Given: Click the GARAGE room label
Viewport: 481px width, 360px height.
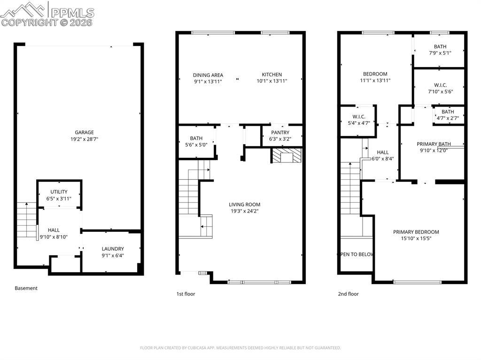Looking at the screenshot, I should click(x=84, y=132).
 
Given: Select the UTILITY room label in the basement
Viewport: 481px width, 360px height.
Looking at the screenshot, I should click(x=59, y=191).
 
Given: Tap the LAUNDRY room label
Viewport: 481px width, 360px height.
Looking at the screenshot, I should click(x=113, y=249).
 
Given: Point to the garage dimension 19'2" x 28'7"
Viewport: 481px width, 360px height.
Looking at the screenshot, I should click(x=84, y=139).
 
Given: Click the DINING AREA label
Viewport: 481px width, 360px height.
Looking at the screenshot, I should click(x=208, y=75).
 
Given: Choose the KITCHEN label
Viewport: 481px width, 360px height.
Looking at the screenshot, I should click(x=272, y=75).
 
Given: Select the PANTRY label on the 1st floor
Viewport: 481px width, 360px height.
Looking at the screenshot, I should click(x=280, y=132).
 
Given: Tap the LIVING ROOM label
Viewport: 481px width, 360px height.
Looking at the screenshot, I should click(x=244, y=204).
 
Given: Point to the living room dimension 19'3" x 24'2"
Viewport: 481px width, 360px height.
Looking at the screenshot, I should click(x=244, y=211).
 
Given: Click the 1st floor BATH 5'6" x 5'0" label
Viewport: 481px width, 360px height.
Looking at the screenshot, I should click(x=196, y=138).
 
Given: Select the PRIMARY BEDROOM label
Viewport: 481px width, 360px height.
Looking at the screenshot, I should click(x=416, y=232).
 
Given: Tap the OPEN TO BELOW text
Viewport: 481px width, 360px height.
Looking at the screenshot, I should click(x=356, y=254).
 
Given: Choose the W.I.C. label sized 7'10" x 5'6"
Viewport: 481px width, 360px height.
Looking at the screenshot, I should click(x=440, y=85).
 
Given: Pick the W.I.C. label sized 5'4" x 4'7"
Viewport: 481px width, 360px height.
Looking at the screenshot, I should click(x=358, y=116).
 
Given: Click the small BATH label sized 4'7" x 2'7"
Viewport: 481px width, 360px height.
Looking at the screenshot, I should click(x=448, y=112).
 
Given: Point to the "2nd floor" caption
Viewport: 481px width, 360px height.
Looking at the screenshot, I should click(x=348, y=294).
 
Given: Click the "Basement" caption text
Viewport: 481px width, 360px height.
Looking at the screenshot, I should click(x=26, y=288).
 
